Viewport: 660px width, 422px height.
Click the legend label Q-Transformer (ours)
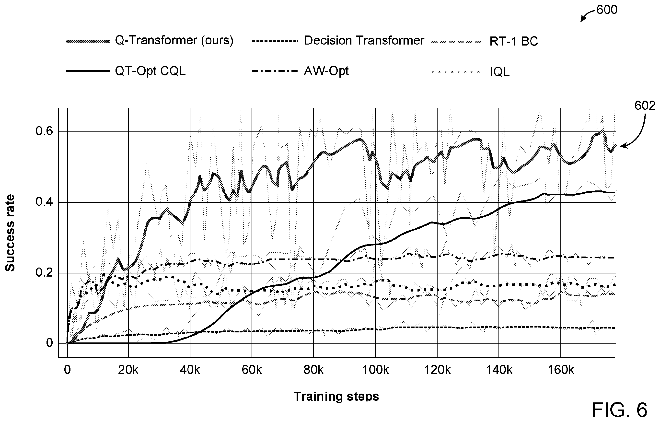pos(174,41)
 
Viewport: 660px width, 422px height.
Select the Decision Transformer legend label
pos(364,41)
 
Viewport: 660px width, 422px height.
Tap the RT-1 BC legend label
pos(514,41)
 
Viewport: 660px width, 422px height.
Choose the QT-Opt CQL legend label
pos(150,71)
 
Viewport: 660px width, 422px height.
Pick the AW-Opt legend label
pos(326,71)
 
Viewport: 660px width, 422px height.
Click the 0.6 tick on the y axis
pos(44,131)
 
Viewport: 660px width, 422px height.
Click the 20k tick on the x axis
pos(128,370)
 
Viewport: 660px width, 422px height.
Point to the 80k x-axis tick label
pos(313,370)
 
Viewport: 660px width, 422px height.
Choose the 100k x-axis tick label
pos(375,370)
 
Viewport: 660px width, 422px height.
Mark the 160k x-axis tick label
pos(560,370)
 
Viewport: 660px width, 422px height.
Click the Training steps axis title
pos(336,397)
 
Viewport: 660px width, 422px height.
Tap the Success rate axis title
pos(10,233)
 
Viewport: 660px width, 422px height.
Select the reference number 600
pos(607,10)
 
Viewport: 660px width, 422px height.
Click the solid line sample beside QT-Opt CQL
pos(88,71)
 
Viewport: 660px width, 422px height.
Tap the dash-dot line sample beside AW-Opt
pos(274,71)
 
